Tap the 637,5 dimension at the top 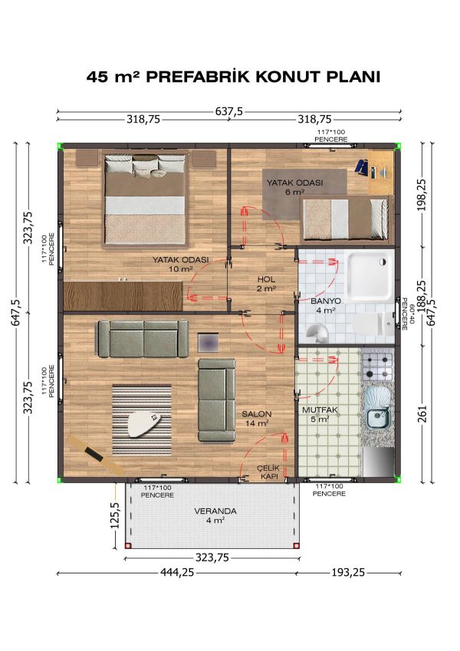pyautogui.click(x=229, y=111)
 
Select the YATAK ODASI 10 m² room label pyautogui.click(x=181, y=265)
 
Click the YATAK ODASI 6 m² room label pyautogui.click(x=294, y=187)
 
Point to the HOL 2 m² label pyautogui.click(x=265, y=284)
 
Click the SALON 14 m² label pyautogui.click(x=256, y=418)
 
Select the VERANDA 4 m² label pyautogui.click(x=215, y=515)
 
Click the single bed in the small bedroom pyautogui.click(x=344, y=217)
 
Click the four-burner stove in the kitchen pyautogui.click(x=377, y=366)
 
